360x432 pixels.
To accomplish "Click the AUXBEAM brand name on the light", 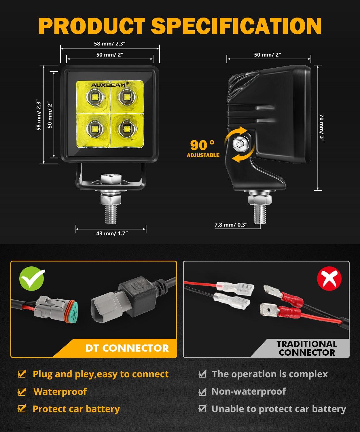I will (x=109, y=85).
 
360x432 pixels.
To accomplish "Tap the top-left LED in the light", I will (x=94, y=97).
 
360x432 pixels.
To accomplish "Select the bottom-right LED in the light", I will (x=126, y=128).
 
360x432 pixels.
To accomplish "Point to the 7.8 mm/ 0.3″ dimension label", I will (x=231, y=225).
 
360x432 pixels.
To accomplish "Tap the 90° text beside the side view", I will (x=202, y=145).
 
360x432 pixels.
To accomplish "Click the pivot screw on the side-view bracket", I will (x=239, y=142).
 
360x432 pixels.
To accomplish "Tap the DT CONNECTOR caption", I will (x=127, y=348).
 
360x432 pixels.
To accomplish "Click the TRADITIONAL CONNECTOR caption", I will (x=307, y=348).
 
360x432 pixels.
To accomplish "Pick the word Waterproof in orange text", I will (x=60, y=391).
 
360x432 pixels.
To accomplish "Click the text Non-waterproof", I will (x=249, y=391).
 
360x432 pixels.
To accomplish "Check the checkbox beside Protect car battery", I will (x=22, y=409).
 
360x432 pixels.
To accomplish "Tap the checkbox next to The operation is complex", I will (x=203, y=374).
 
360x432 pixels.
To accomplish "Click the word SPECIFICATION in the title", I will (x=236, y=26).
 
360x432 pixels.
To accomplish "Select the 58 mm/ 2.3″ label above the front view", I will (x=110, y=44).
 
